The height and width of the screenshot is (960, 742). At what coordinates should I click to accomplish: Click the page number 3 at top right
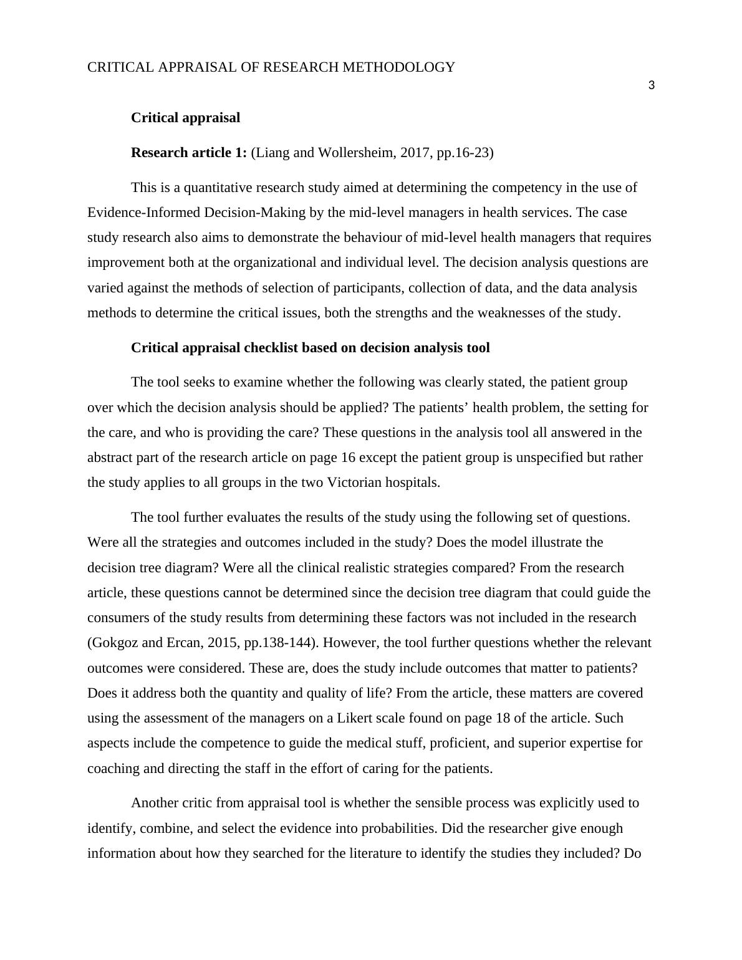click(651, 86)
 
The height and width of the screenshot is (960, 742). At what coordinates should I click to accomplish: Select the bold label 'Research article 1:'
click(188, 153)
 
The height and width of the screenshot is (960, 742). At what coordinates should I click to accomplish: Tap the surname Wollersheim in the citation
click(355, 153)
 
